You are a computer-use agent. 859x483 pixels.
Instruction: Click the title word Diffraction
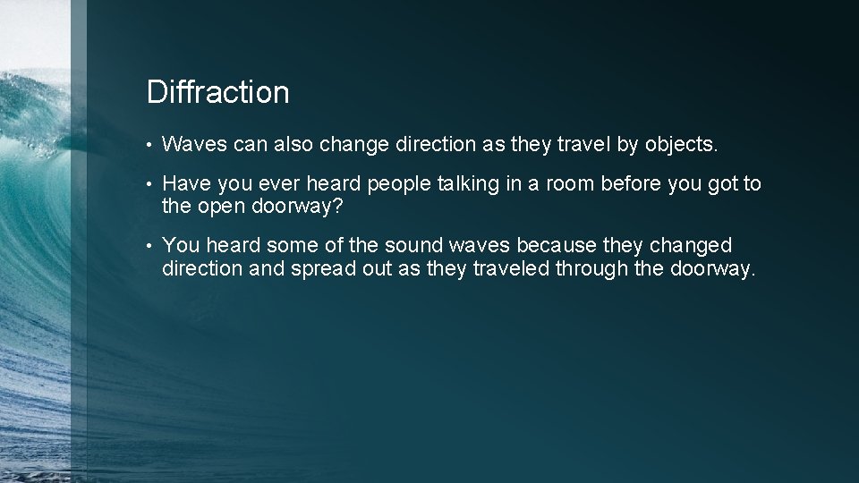[x=217, y=92]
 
